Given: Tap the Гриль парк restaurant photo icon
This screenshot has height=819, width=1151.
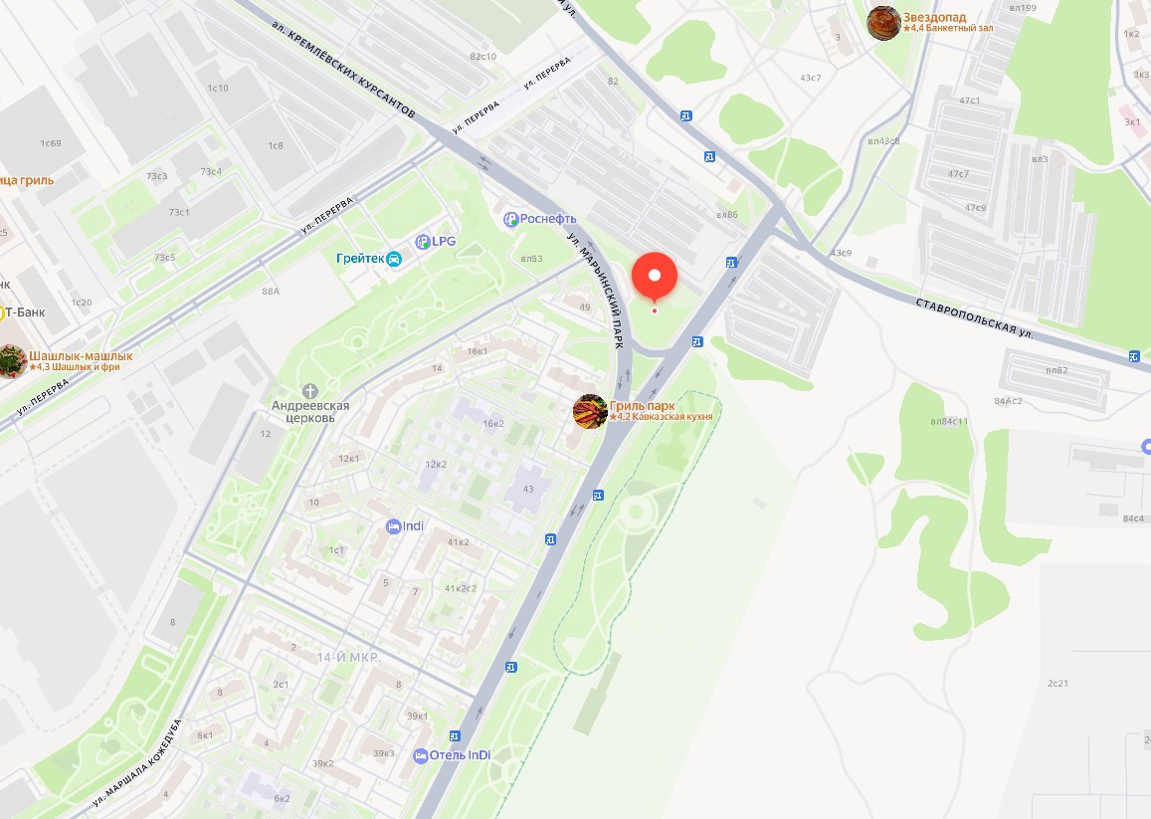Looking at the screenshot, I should pyautogui.click(x=590, y=411).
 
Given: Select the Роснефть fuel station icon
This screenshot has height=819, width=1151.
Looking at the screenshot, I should pyautogui.click(x=511, y=219).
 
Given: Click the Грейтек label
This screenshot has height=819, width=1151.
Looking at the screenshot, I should pyautogui.click(x=360, y=259).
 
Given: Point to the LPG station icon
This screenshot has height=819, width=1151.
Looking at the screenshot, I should pyautogui.click(x=423, y=241).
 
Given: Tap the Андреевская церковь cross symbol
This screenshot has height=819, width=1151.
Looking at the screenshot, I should pyautogui.click(x=310, y=390).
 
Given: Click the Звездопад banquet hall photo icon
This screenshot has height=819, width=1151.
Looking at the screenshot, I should pyautogui.click(x=883, y=23).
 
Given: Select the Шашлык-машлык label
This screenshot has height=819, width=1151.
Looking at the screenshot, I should pyautogui.click(x=81, y=355).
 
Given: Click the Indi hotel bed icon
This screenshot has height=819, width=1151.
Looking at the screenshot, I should pyautogui.click(x=394, y=525).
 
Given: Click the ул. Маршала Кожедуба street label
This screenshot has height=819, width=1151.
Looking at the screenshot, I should pyautogui.click(x=137, y=761).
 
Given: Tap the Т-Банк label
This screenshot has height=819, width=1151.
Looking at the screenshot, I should pyautogui.click(x=26, y=312).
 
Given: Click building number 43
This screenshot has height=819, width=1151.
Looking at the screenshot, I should pyautogui.click(x=528, y=489).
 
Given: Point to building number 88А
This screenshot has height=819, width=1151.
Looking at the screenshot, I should pyautogui.click(x=271, y=292).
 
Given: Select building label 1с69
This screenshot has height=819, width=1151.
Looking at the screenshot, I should pyautogui.click(x=51, y=143).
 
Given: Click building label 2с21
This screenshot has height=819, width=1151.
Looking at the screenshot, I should pyautogui.click(x=1057, y=684).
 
